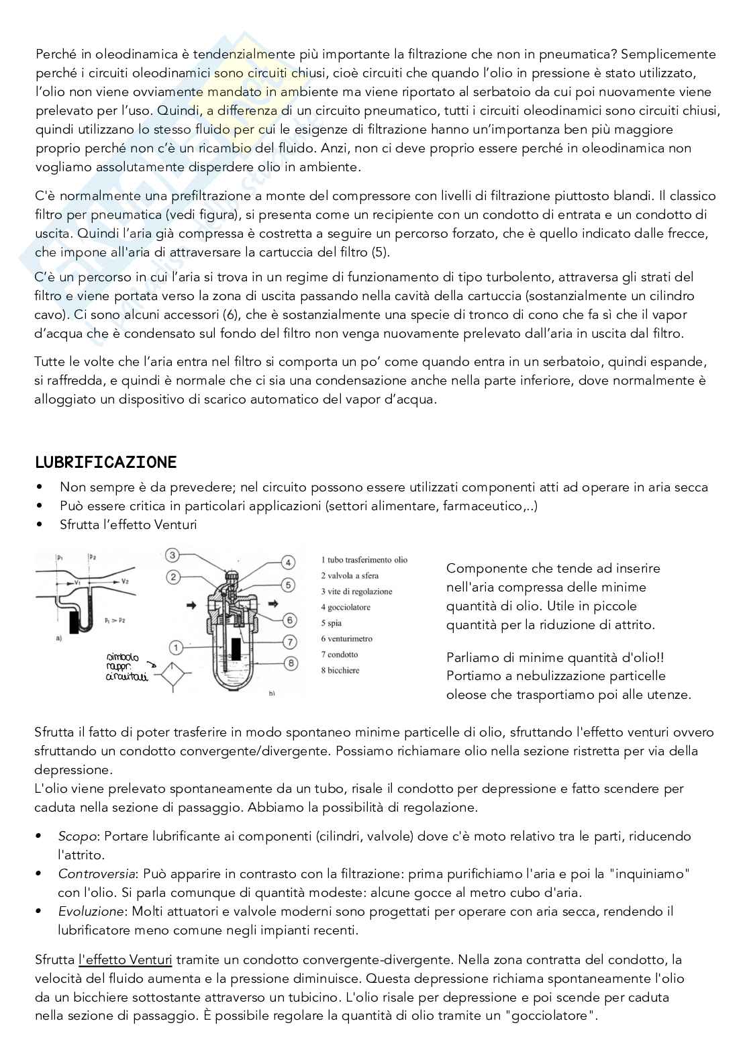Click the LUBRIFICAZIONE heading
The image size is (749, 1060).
click(105, 462)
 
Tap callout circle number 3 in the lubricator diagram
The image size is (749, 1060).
click(172, 555)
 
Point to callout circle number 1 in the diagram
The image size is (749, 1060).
click(176, 647)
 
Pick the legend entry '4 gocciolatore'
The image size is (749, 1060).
click(345, 607)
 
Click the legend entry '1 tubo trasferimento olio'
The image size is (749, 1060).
click(364, 559)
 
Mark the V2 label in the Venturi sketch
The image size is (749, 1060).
click(126, 580)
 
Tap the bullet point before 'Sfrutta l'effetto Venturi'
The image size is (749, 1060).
click(42, 524)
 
